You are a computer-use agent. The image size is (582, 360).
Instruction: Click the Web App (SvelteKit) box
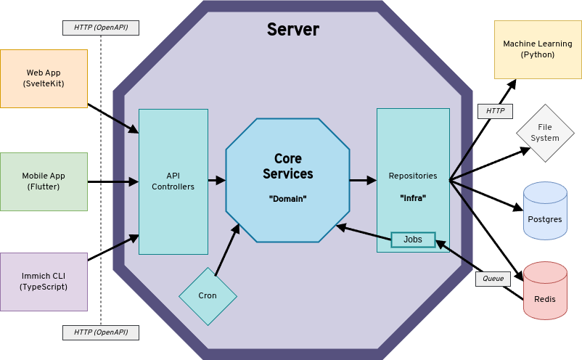click(x=44, y=78)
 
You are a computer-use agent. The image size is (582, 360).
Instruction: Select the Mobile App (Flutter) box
click(x=44, y=181)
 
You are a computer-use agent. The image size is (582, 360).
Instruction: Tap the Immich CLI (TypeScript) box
click(x=44, y=282)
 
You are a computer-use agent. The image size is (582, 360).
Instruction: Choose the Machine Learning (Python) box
click(x=538, y=49)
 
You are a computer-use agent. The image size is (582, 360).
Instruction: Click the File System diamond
click(x=545, y=133)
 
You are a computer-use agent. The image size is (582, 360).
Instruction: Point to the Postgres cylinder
click(x=545, y=211)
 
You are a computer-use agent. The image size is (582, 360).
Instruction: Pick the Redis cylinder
click(x=545, y=291)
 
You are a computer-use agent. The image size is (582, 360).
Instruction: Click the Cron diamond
click(x=208, y=296)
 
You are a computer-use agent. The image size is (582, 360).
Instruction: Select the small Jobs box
click(x=412, y=240)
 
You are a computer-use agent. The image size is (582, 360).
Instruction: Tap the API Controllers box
click(x=173, y=181)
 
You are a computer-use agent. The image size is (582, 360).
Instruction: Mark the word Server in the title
click(x=292, y=30)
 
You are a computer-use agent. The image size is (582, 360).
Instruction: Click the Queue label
click(x=493, y=279)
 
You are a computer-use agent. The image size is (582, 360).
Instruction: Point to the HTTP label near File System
click(x=495, y=111)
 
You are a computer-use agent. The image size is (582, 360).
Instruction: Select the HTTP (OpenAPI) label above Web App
click(x=101, y=28)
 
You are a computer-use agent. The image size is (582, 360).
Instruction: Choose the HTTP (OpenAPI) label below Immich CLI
click(x=101, y=332)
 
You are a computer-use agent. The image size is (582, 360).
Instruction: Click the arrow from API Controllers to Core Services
click(x=217, y=180)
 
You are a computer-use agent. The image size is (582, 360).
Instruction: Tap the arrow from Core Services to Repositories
click(x=362, y=180)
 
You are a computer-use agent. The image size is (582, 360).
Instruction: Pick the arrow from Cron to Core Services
click(x=227, y=250)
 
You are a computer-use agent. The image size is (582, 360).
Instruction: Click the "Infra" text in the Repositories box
click(x=413, y=197)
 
